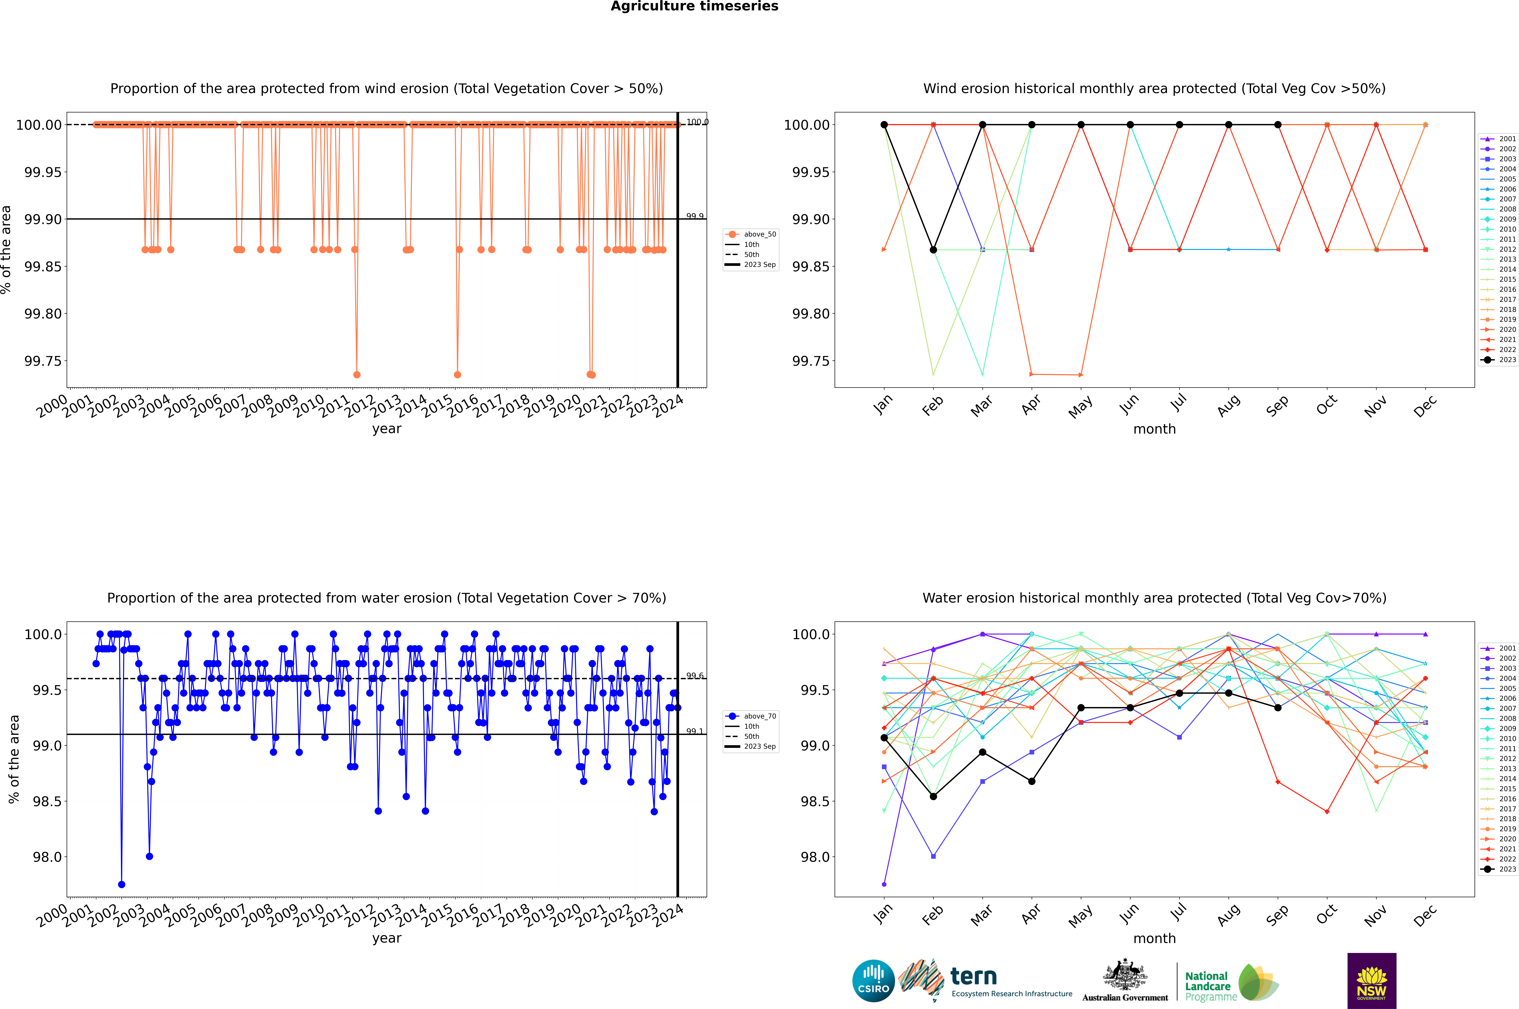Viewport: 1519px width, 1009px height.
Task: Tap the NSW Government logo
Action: pos(1372,981)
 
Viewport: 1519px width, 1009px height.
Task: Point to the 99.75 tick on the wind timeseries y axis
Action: pos(43,361)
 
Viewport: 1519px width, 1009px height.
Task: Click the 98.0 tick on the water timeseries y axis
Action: pos(47,857)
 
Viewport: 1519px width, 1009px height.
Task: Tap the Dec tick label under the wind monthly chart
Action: pos(1424,406)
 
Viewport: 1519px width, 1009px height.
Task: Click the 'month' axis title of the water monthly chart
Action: pos(1155,938)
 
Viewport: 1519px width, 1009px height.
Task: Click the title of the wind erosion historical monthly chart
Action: pos(1155,89)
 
